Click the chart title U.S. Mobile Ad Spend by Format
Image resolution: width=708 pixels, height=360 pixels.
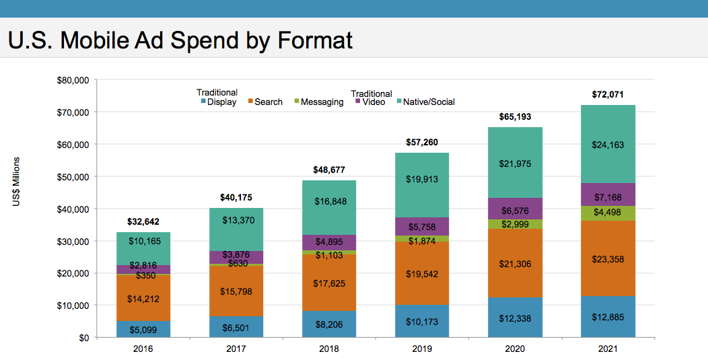coord(180,40)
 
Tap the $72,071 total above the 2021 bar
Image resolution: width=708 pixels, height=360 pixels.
coord(608,95)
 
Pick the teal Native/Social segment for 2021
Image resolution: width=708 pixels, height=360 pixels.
coord(608,143)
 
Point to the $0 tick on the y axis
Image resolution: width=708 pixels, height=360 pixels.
coord(82,338)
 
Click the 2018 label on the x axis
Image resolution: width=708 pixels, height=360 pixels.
coord(329,350)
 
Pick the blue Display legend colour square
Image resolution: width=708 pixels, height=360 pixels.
coord(203,102)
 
